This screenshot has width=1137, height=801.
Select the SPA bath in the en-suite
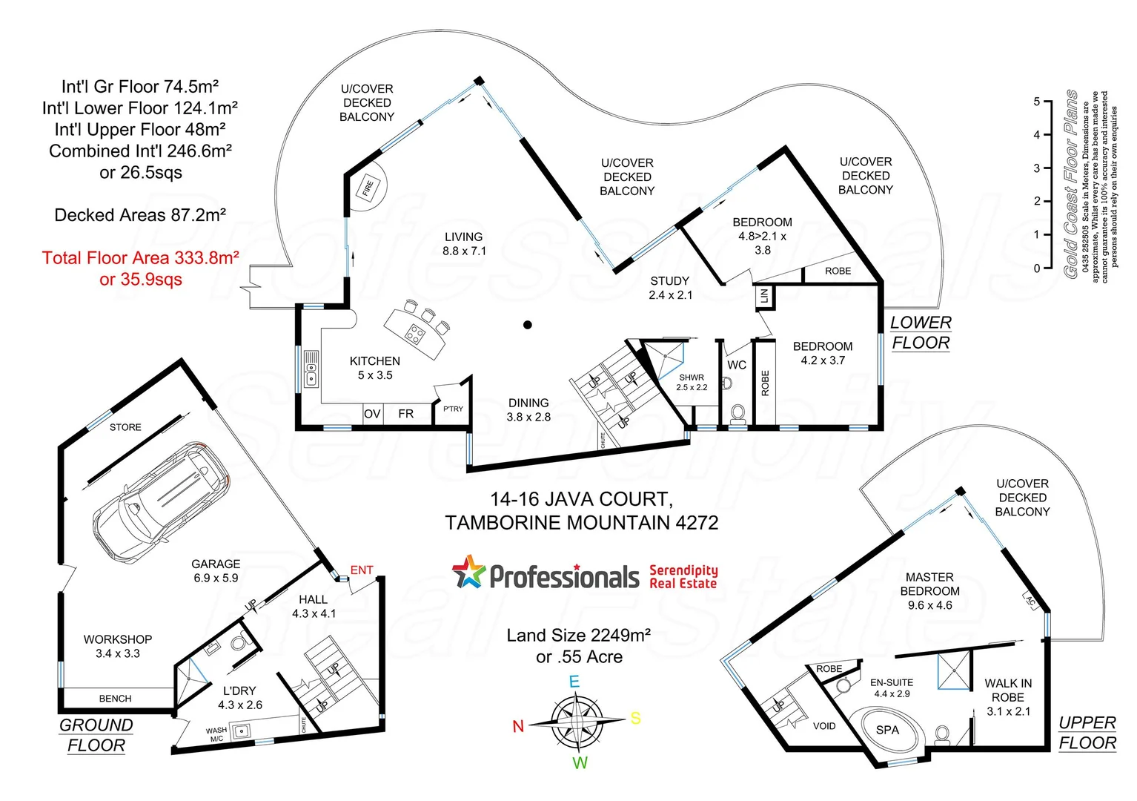pyautogui.click(x=887, y=731)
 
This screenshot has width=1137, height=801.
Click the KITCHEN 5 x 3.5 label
pyautogui.click(x=375, y=368)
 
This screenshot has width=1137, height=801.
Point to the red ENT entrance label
pyautogui.click(x=362, y=570)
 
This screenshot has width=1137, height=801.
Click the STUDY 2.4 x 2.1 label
pyautogui.click(x=670, y=288)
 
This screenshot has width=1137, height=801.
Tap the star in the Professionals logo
pyautogui.click(x=469, y=573)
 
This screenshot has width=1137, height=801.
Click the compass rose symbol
pyautogui.click(x=576, y=721)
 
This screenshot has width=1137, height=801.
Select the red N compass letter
pyautogui.click(x=518, y=727)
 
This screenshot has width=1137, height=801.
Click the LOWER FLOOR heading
pyautogui.click(x=921, y=332)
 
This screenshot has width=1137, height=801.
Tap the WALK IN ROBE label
pyautogui.click(x=1008, y=697)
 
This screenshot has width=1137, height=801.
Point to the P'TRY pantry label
pyautogui.click(x=453, y=409)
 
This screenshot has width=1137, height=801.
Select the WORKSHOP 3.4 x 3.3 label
pyautogui.click(x=118, y=646)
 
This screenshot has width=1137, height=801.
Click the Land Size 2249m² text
pyautogui.click(x=579, y=636)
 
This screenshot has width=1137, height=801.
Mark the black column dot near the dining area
pyautogui.click(x=528, y=325)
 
